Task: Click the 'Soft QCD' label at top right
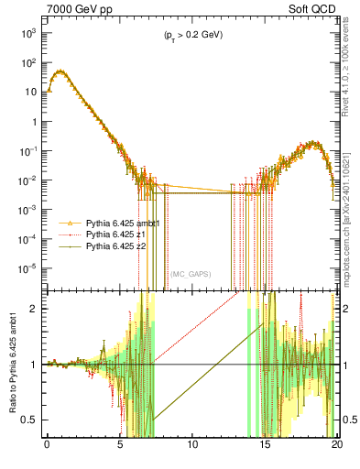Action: [x=312, y=8]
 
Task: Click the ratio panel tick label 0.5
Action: [x=32, y=420]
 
